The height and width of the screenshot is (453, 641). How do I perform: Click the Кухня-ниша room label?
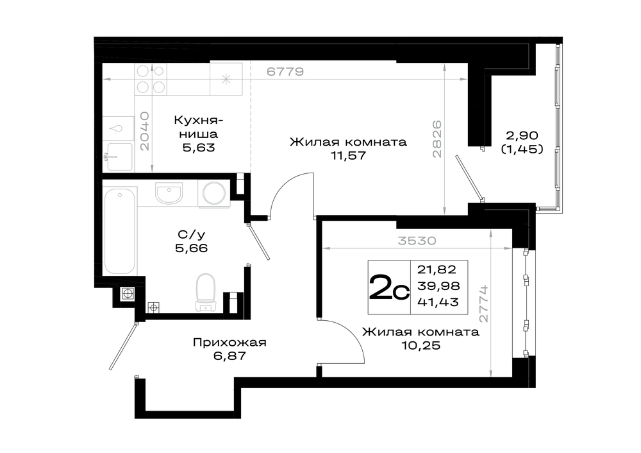(x=198, y=127)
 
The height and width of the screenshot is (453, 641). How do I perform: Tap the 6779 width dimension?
(x=285, y=72)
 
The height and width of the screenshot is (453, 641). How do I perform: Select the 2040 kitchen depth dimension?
(x=145, y=132)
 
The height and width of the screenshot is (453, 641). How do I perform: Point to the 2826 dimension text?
(x=437, y=139)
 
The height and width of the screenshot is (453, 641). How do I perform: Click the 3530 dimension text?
(x=417, y=241)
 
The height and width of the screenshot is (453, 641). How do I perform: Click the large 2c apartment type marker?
(x=389, y=287)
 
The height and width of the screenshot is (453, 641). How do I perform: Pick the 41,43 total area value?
(x=438, y=302)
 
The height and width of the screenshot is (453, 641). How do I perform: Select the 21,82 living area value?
(x=437, y=269)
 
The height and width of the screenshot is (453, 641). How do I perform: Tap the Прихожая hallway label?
(x=229, y=343)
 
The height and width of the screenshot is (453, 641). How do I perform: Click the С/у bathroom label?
(x=191, y=234)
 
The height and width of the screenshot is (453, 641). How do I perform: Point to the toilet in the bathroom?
(x=206, y=292)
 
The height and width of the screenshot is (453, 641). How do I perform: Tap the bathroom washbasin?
(x=169, y=193)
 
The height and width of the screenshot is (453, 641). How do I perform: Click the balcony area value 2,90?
(x=522, y=135)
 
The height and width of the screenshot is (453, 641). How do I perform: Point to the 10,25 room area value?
(x=420, y=345)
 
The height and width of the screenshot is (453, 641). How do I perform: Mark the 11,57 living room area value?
(x=348, y=155)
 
